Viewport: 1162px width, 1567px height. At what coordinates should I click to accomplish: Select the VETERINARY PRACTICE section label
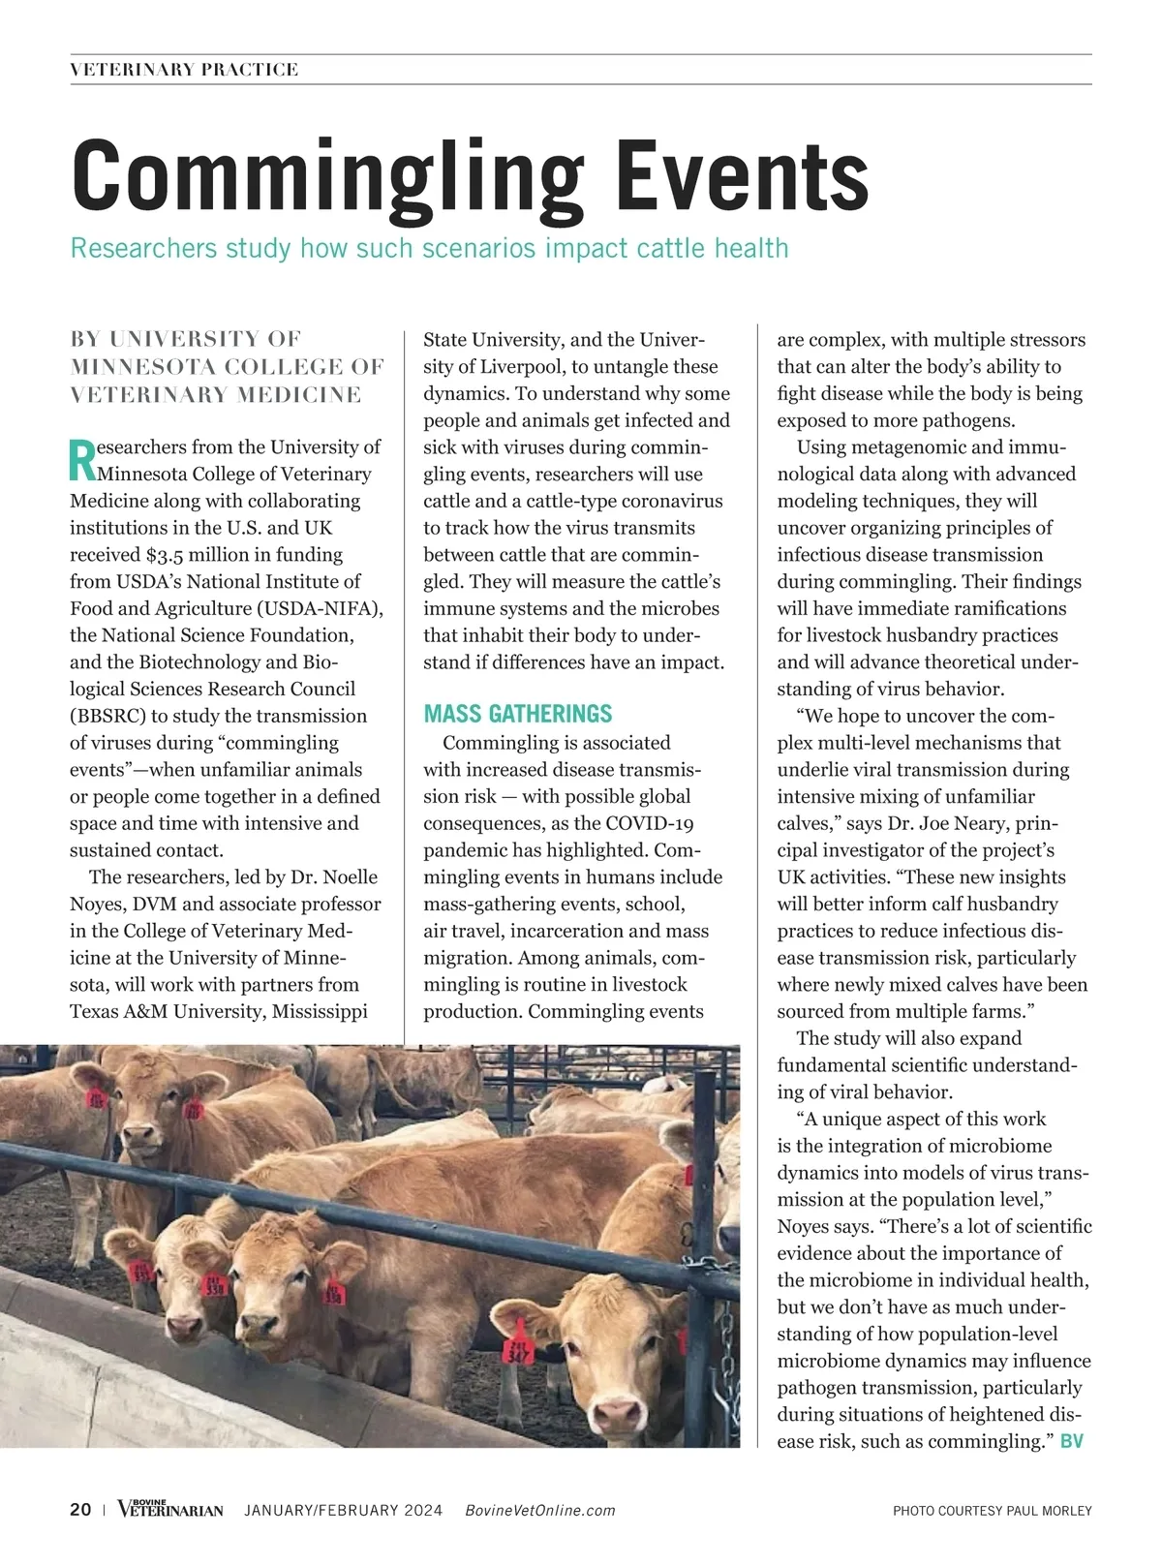point(184,70)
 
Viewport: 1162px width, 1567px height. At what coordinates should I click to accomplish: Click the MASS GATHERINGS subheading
point(518,715)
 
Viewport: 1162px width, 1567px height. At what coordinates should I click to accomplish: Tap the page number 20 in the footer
point(80,1510)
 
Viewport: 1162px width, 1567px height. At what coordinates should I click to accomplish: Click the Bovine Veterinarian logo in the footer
point(170,1509)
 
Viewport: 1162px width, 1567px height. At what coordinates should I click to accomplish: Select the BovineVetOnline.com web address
point(540,1511)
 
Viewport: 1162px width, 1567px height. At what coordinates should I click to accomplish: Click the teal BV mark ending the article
point(1072,1441)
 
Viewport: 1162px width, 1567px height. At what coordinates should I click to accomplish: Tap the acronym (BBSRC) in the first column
point(108,717)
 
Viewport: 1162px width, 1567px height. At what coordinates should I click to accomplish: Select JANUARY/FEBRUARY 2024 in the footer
point(344,1511)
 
